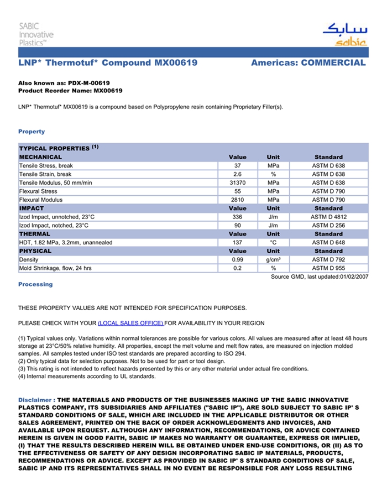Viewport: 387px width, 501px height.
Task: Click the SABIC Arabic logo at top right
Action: click(344, 34)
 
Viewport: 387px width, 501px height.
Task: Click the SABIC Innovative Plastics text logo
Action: click(36, 34)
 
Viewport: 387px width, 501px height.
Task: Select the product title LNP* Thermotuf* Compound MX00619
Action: click(108, 63)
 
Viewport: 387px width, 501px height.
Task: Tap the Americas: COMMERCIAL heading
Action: click(308, 63)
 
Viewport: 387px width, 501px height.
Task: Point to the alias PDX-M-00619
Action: click(88, 83)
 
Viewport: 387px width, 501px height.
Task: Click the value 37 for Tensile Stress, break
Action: click(238, 165)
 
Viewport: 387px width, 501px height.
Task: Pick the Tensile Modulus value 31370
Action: click(238, 182)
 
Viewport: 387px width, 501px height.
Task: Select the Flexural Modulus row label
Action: click(41, 200)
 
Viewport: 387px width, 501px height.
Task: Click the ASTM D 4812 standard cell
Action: click(328, 217)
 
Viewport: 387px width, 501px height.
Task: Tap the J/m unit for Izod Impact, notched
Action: click(273, 226)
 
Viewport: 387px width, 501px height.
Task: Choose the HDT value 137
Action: click(238, 242)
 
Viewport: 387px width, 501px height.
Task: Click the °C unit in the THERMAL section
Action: click(273, 242)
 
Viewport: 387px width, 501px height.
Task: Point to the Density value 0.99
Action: click(238, 259)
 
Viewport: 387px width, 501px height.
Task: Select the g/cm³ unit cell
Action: click(273, 259)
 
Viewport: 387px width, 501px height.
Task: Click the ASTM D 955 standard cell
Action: click(328, 268)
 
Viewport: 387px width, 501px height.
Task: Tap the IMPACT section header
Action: click(32, 208)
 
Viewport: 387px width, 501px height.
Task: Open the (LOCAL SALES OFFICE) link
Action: click(130, 323)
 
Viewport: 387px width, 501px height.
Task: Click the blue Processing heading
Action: click(35, 284)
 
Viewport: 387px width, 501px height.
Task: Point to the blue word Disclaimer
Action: click(35, 400)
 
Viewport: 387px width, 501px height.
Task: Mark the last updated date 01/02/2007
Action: click(354, 276)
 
